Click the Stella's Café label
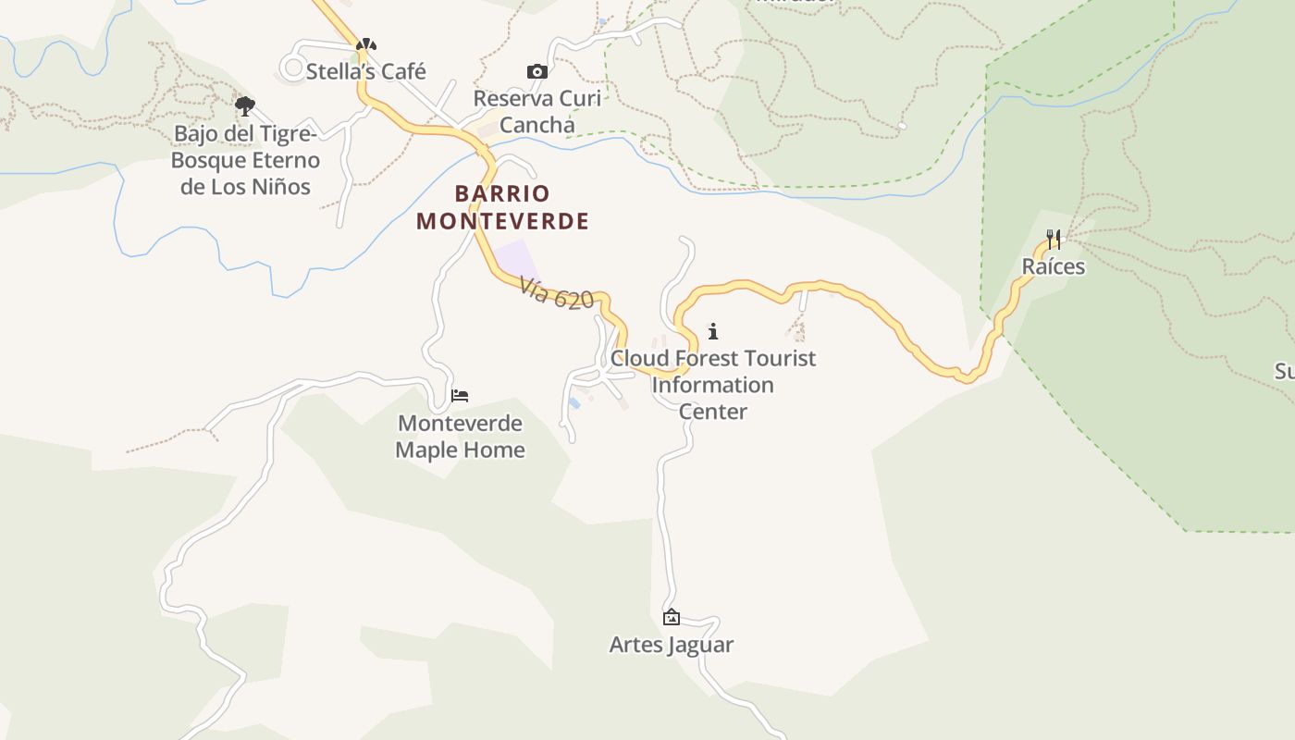365,71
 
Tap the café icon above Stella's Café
366,43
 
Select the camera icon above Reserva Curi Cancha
536,71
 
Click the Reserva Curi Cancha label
536,111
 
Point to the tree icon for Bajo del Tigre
244,106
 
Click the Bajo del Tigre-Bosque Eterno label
246,147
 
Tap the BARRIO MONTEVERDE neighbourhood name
502,207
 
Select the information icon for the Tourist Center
712,330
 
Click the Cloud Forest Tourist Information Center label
712,384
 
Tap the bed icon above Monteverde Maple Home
460,396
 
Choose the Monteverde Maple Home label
460,437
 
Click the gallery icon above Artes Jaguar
672,617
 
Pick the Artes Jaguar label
672,645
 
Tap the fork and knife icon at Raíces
1053,240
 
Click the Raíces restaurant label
1053,266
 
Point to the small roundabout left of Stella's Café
294,68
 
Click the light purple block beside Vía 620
514,259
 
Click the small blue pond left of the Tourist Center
574,402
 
